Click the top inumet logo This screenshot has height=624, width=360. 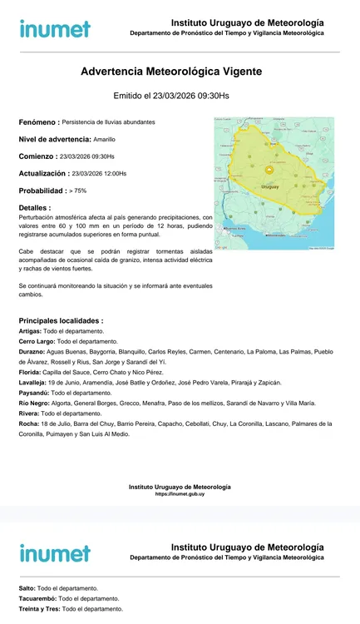click(x=55, y=28)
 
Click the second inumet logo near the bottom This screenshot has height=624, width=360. click(x=55, y=552)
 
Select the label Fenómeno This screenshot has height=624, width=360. click(x=39, y=122)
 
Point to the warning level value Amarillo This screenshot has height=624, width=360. click(x=105, y=139)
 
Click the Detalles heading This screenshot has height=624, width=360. click(x=34, y=207)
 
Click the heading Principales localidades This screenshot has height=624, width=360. click(x=61, y=320)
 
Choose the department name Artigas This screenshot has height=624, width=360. click(x=30, y=331)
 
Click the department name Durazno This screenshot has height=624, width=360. click(x=32, y=352)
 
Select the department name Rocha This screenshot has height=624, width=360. click(x=28, y=423)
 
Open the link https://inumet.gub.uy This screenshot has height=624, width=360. click(x=180, y=494)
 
